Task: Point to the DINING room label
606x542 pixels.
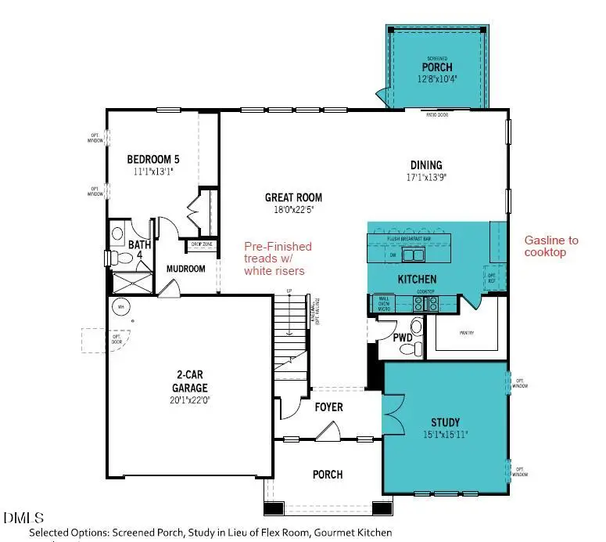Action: pyautogui.click(x=426, y=165)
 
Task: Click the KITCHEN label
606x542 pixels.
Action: pyautogui.click(x=416, y=280)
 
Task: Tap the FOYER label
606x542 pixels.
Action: pyautogui.click(x=330, y=407)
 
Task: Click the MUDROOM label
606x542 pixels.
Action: pyautogui.click(x=185, y=269)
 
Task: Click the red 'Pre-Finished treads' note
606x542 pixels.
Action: pyautogui.click(x=278, y=258)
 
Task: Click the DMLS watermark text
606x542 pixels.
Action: pyautogui.click(x=24, y=518)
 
